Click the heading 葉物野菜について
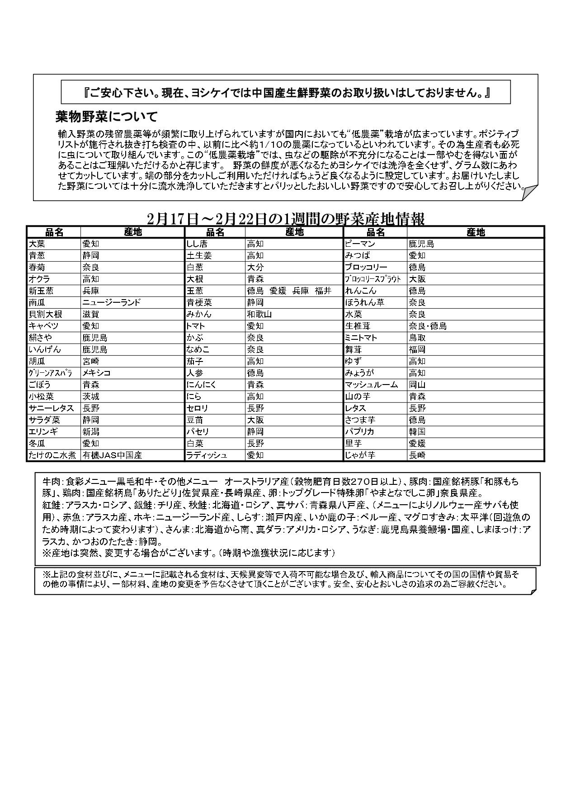(x=106, y=117)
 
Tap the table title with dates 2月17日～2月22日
(x=286, y=219)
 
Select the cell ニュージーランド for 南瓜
(x=112, y=302)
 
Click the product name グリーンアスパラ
(x=51, y=373)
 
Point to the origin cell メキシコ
(x=96, y=373)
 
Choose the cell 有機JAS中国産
(x=113, y=455)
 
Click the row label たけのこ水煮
(x=52, y=455)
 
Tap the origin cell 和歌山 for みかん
(x=259, y=314)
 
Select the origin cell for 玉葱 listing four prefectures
(x=289, y=291)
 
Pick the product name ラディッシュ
(x=207, y=455)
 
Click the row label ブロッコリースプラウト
(x=373, y=279)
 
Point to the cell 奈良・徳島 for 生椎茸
(x=428, y=326)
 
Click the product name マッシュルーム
(x=372, y=385)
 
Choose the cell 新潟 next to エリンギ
(x=91, y=432)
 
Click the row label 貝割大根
(x=45, y=314)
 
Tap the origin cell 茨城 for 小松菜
(x=91, y=396)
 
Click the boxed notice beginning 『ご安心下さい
(x=286, y=93)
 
